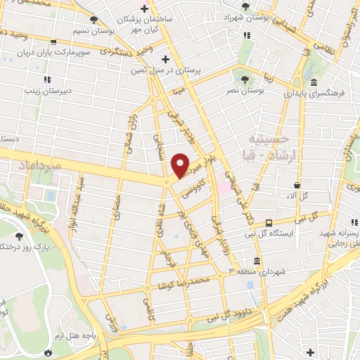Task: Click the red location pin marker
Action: click(181, 164)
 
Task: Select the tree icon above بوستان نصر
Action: click(244, 79)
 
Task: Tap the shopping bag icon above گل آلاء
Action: click(297, 185)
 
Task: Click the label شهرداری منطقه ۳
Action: click(262, 271)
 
